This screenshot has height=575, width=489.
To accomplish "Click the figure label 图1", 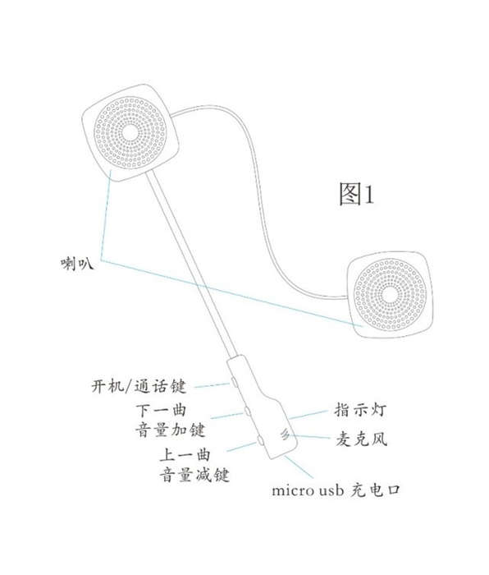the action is pyautogui.click(x=356, y=194).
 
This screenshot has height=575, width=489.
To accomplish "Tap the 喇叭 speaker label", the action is pyautogui.click(x=77, y=264).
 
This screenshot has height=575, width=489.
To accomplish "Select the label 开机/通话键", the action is pyautogui.click(x=139, y=386).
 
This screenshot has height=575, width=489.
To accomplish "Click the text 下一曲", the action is pyautogui.click(x=161, y=411).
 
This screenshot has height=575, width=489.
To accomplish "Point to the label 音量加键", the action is pyautogui.click(x=171, y=430).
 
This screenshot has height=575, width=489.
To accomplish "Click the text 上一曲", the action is pyautogui.click(x=185, y=455).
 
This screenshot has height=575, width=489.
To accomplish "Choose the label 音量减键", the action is pyautogui.click(x=194, y=475).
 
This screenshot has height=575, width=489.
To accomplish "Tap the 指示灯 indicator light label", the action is pyautogui.click(x=360, y=410).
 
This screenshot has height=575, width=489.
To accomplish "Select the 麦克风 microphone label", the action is pyautogui.click(x=361, y=439).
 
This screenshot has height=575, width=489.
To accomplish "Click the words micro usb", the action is pyautogui.click(x=308, y=490).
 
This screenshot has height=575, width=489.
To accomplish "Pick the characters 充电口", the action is pyautogui.click(x=375, y=490).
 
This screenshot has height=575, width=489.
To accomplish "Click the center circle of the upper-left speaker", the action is pyautogui.click(x=130, y=132).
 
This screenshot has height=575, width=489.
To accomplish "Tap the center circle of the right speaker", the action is pyautogui.click(x=390, y=294).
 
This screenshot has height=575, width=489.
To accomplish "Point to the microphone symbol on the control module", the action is pyautogui.click(x=285, y=435).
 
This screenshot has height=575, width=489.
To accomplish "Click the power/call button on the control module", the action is pyautogui.click(x=233, y=381).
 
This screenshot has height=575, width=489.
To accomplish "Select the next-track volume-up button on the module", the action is pyautogui.click(x=248, y=411).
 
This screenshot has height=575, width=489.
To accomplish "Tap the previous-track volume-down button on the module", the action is pyautogui.click(x=260, y=439).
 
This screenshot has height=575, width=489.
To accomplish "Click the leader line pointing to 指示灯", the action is pyautogui.click(x=308, y=415).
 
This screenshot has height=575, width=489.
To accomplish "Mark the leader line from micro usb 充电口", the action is pyautogui.click(x=299, y=467).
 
